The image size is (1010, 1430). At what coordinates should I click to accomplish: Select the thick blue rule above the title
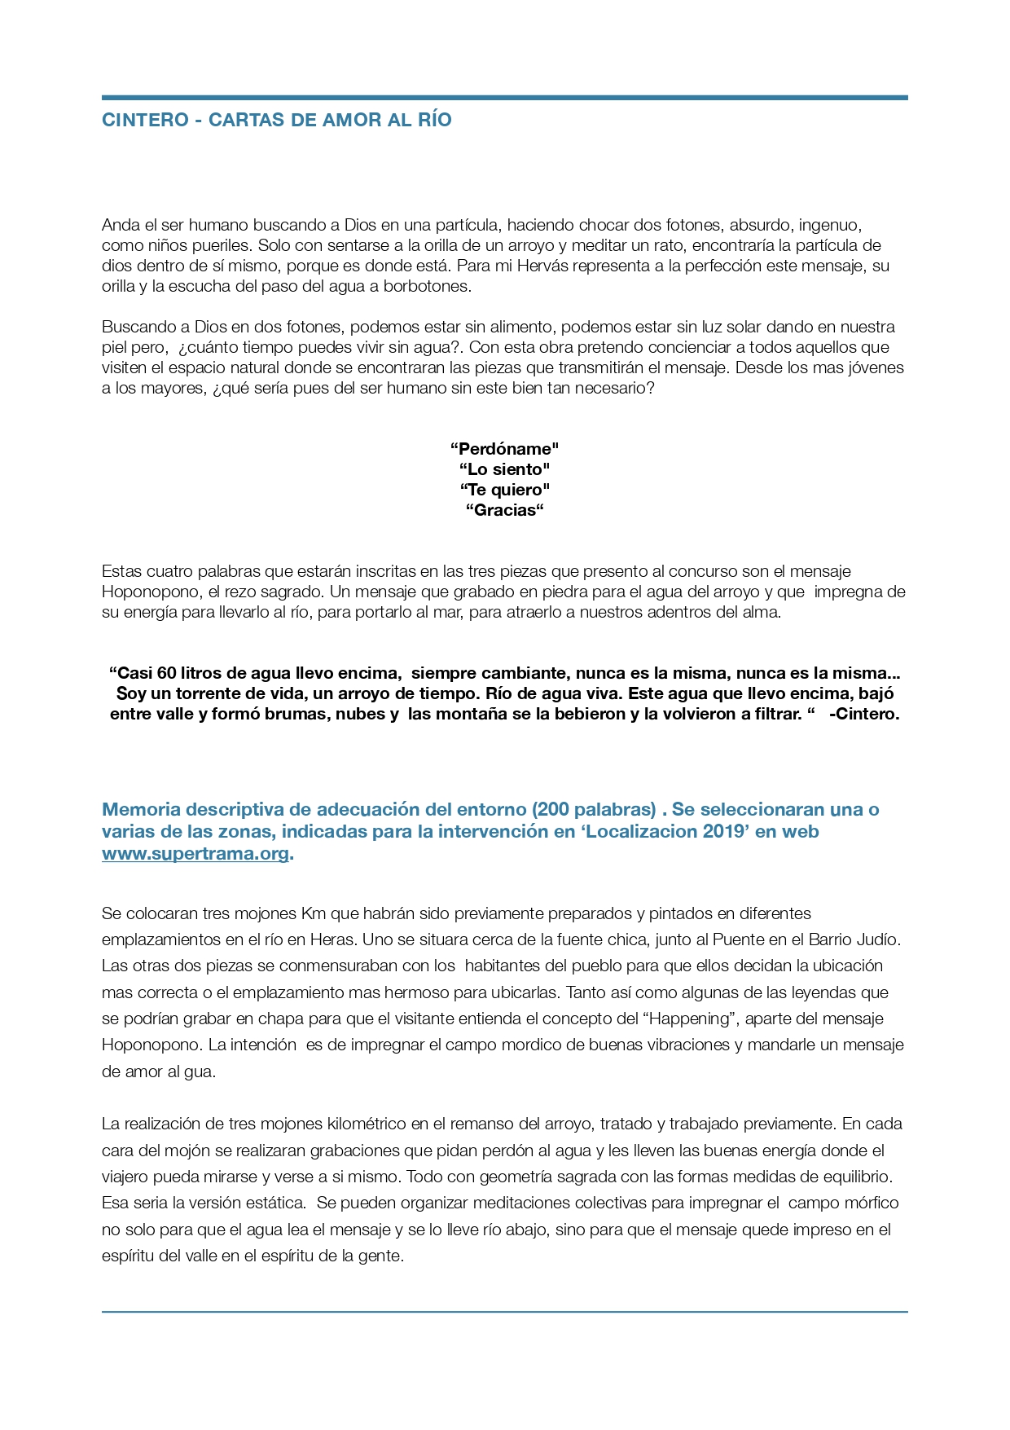click(504, 98)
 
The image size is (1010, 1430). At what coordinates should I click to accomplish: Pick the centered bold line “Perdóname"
click(504, 449)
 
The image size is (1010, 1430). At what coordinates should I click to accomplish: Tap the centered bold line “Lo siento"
click(504, 469)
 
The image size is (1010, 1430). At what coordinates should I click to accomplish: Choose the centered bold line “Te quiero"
click(504, 490)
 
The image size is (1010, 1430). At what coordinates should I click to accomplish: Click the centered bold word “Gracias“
click(504, 510)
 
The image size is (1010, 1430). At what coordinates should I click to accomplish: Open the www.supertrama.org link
click(195, 854)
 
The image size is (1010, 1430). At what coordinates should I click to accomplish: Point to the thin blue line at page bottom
click(504, 1312)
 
